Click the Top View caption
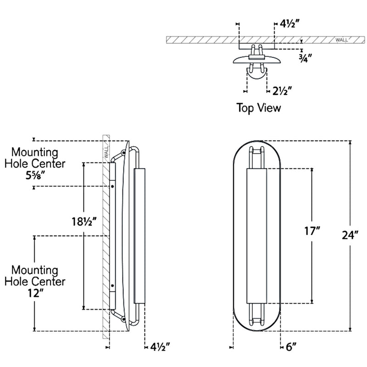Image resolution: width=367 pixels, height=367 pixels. coord(258,108)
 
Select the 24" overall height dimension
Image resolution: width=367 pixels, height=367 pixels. coord(350,235)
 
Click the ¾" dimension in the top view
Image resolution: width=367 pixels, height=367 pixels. coord(305,58)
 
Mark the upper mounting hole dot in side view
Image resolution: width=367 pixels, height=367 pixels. coord(112,187)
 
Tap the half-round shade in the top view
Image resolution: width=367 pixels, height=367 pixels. coord(256,73)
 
